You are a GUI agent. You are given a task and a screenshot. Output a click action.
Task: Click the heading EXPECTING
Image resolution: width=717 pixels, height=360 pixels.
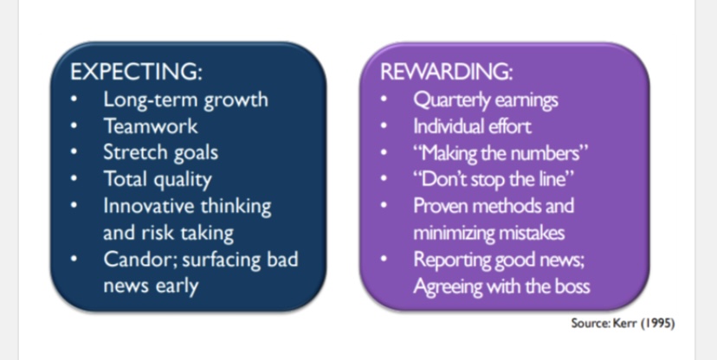(x=136, y=72)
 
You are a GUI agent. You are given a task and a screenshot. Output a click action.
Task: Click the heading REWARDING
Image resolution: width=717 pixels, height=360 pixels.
(x=446, y=72)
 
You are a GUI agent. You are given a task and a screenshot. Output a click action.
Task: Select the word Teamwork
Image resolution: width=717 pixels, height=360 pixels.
(x=151, y=126)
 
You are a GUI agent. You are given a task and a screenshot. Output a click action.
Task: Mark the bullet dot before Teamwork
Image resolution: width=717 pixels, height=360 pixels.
(x=74, y=126)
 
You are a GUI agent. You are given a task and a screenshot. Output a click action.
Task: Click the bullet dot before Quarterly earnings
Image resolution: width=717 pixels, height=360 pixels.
(x=384, y=100)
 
